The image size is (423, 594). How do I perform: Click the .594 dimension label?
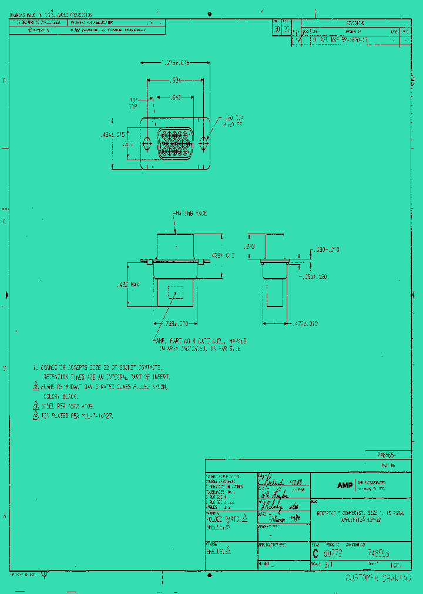(175, 80)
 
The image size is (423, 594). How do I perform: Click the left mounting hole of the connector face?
(147, 143)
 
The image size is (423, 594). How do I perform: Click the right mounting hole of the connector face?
(204, 143)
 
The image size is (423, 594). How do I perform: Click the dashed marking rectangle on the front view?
(176, 292)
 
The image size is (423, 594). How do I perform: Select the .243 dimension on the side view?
(249, 247)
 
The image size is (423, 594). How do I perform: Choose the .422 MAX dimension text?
(128, 285)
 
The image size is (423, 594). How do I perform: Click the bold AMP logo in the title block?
(344, 485)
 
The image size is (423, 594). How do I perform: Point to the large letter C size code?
(315, 553)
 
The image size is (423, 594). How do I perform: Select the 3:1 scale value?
(328, 565)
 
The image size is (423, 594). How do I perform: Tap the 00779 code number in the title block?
(334, 553)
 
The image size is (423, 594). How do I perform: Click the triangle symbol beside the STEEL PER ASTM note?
(35, 406)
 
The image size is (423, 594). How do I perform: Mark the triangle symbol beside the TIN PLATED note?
(35, 416)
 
